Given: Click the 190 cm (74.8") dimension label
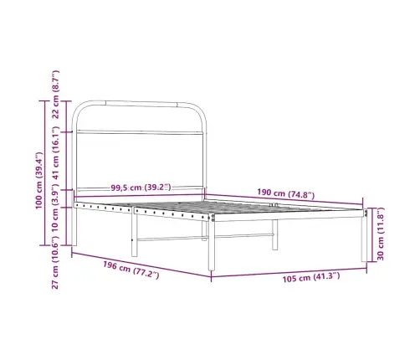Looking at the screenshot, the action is click(285, 193).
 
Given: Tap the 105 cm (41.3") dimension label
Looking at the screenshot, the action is click(311, 277).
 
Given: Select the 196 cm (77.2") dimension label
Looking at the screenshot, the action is click(131, 270).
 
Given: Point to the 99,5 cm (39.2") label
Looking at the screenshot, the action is click(141, 188).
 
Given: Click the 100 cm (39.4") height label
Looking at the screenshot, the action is click(38, 181).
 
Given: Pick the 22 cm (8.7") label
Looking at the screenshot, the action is click(55, 95).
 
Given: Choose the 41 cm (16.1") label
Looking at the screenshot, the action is click(55, 153).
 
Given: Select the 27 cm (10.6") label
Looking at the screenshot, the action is click(55, 263).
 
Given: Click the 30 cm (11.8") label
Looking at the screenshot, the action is click(381, 234).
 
